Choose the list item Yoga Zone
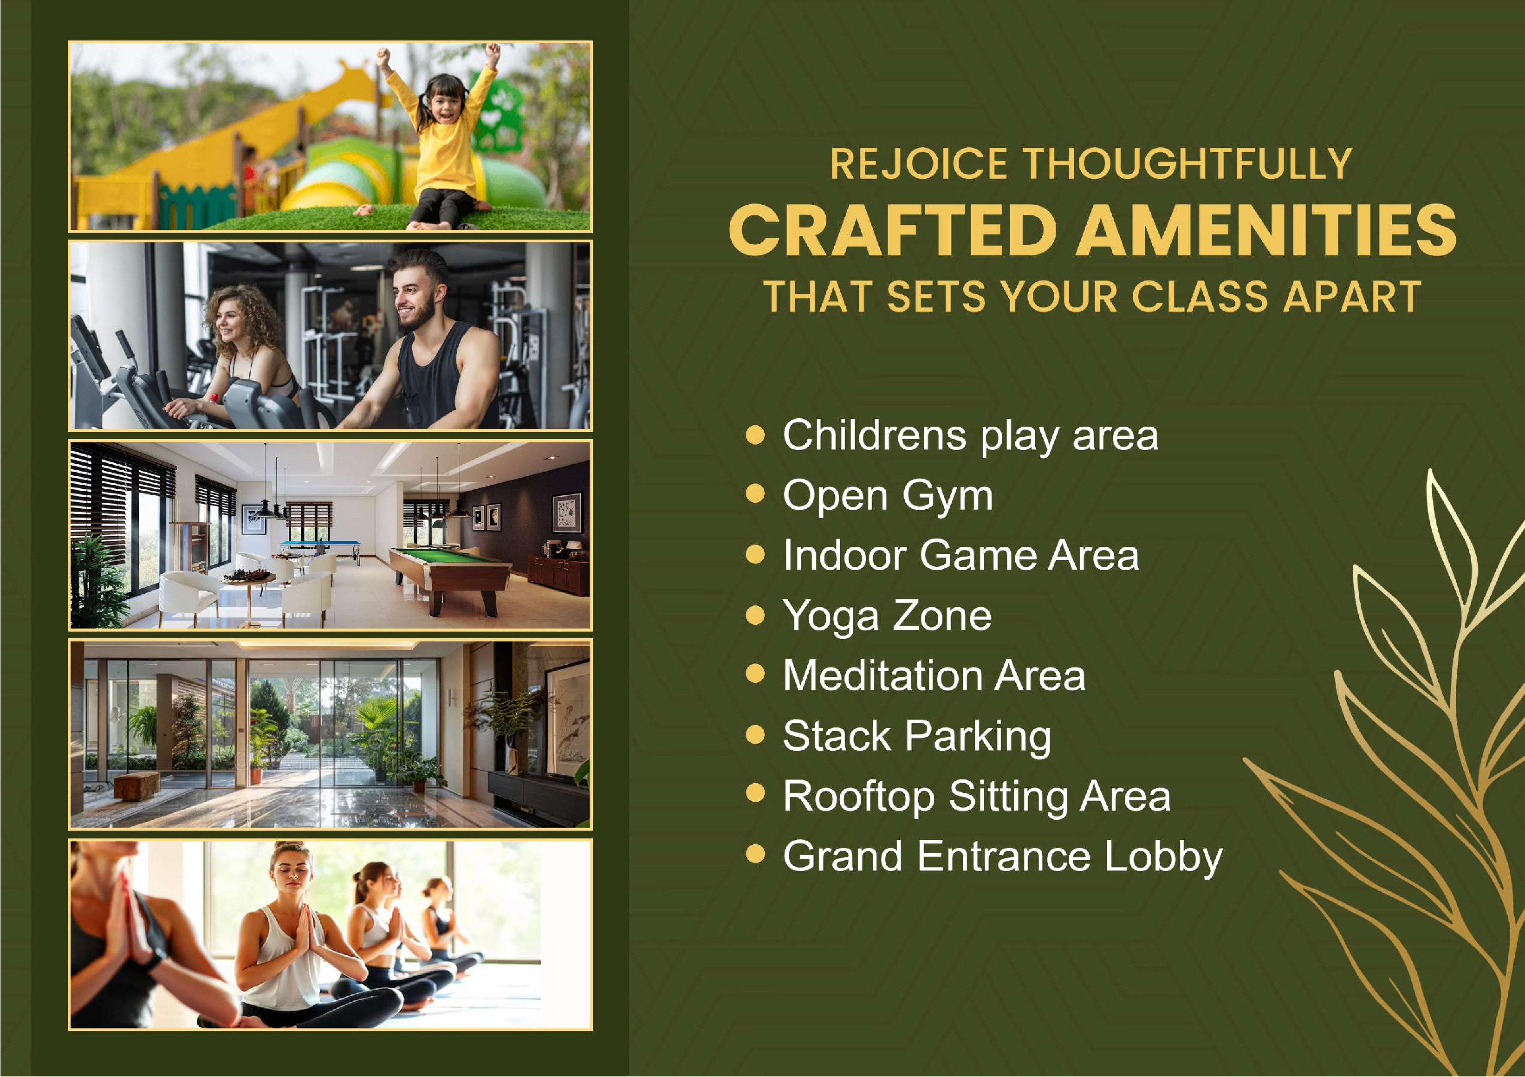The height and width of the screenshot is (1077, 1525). coord(887,616)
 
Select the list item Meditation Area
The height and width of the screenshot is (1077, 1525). coord(933,676)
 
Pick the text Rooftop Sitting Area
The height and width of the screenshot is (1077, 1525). coord(976,796)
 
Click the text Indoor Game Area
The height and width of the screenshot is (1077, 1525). coord(960,555)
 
